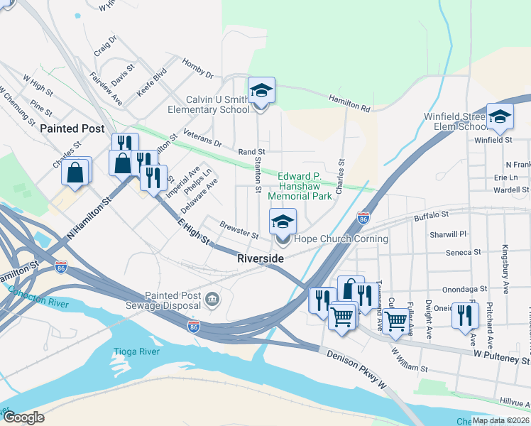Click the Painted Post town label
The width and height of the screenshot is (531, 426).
(x=72, y=129)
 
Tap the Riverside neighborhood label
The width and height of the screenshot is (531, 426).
(x=261, y=259)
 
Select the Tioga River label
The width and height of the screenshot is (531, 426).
(x=133, y=351)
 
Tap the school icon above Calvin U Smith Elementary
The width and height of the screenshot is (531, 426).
(x=261, y=90)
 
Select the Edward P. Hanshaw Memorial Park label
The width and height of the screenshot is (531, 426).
(x=305, y=186)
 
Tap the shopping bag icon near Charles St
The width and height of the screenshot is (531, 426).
(x=76, y=171)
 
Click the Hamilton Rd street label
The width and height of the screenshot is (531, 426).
(x=349, y=104)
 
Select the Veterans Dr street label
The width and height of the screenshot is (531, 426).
(x=202, y=137)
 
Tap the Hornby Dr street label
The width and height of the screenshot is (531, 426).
(x=197, y=69)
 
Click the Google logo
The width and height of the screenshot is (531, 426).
(x=23, y=417)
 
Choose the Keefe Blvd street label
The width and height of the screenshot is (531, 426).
(x=151, y=82)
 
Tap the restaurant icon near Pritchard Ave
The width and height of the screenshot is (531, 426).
(x=465, y=315)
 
